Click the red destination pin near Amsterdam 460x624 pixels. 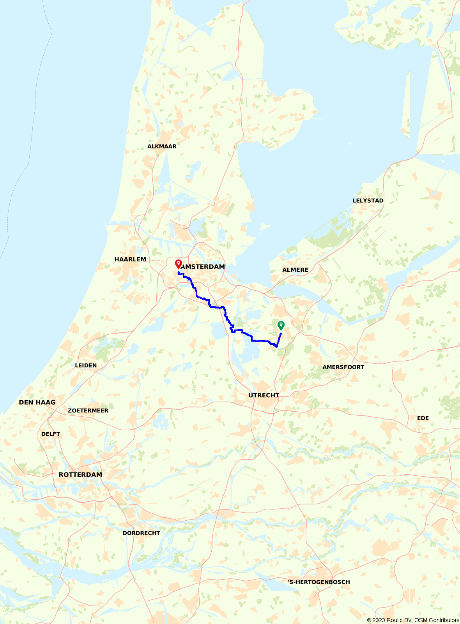(178, 264)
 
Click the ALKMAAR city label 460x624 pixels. (162, 146)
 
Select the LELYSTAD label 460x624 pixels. (368, 201)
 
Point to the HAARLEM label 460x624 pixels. (130, 259)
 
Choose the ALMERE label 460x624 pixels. (295, 270)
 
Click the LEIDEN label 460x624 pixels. (86, 365)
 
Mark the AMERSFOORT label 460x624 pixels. (343, 367)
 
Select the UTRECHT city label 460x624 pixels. (264, 395)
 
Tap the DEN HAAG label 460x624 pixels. (37, 402)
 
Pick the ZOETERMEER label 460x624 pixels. (88, 411)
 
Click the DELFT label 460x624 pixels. (51, 434)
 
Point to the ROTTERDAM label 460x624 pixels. (80, 475)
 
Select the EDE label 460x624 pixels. (423, 418)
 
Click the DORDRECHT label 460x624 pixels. (141, 533)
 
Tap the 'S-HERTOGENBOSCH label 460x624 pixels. (318, 582)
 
